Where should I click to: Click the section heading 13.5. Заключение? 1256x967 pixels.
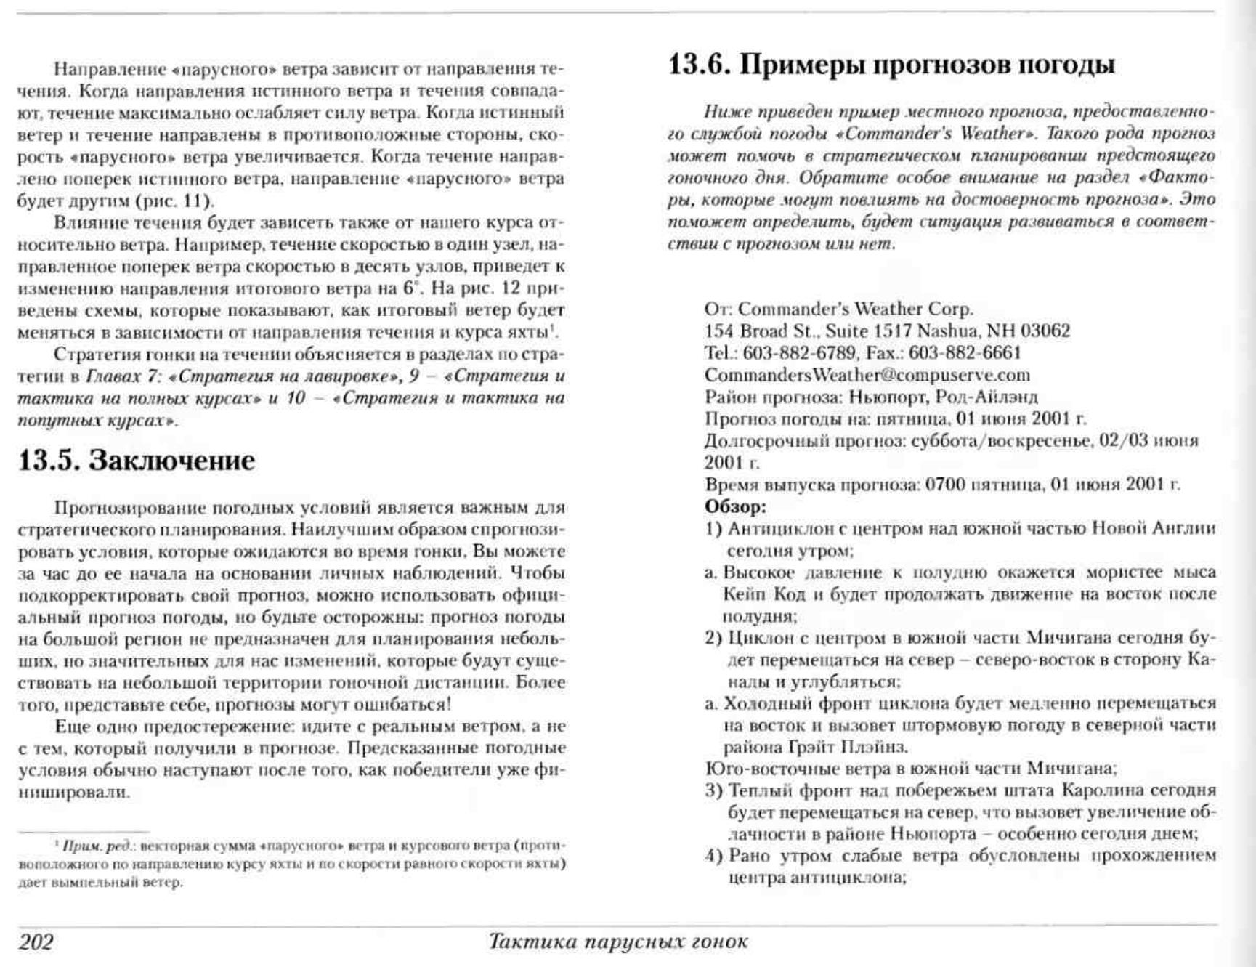tap(136, 461)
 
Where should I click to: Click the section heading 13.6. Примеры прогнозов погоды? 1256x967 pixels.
tap(891, 65)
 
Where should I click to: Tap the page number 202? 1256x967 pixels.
tap(36, 942)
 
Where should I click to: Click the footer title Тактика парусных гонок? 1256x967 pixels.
tap(618, 942)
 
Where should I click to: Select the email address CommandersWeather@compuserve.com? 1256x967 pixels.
tap(867, 375)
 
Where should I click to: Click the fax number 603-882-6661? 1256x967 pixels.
tap(965, 353)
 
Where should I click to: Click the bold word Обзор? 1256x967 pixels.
tap(735, 506)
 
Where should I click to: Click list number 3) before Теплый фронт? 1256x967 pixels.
tap(713, 790)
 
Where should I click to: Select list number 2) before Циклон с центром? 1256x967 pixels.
tap(713, 638)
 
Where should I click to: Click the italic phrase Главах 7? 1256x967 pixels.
tap(128, 376)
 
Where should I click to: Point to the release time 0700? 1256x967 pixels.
tap(944, 485)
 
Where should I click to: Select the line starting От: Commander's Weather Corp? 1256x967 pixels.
tap(838, 309)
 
